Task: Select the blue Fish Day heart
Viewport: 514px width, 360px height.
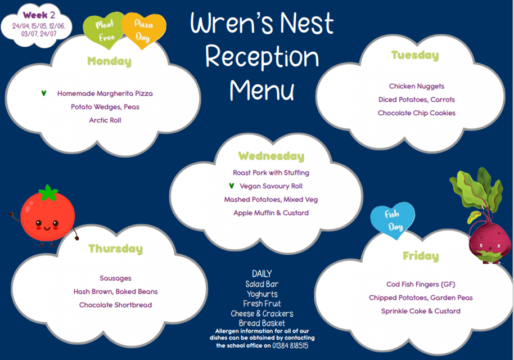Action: (393, 220)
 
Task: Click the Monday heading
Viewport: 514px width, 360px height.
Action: (110, 61)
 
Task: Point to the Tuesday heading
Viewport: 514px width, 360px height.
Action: (415, 55)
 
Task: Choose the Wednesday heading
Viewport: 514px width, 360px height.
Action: (271, 156)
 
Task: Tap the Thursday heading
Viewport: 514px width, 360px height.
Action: (116, 249)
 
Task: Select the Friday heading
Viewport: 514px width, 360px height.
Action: (421, 256)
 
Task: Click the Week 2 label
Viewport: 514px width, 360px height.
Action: (39, 15)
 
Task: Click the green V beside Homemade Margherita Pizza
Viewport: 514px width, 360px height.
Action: (44, 93)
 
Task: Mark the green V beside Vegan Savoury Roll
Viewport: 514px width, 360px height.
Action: (232, 186)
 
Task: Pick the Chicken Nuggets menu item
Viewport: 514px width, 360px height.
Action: (417, 86)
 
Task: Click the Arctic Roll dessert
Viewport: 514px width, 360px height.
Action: (105, 120)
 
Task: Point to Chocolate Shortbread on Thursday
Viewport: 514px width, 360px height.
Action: (115, 305)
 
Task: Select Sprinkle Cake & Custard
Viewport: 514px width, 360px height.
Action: (421, 311)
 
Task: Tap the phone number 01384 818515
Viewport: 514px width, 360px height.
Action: (290, 345)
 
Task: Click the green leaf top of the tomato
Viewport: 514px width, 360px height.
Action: (48, 192)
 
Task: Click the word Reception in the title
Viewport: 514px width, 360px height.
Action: (262, 56)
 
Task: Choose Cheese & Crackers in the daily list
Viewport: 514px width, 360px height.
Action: (262, 314)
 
